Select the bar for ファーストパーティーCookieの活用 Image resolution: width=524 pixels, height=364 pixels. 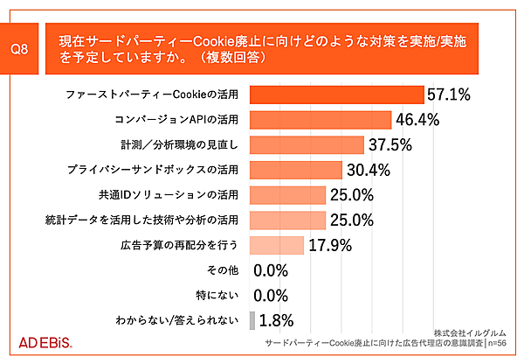(x=336, y=94)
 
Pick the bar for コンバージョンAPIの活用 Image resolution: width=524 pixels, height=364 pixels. (x=321, y=119)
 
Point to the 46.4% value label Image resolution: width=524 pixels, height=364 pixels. (x=417, y=119)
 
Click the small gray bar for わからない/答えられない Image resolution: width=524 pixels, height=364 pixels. (x=253, y=320)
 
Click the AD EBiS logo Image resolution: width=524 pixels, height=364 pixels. (x=45, y=340)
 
